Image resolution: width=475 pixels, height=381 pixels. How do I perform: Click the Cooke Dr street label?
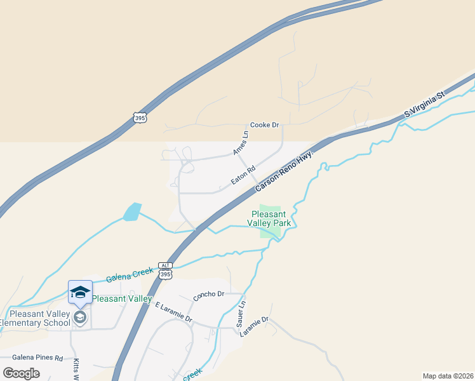(x=265, y=125)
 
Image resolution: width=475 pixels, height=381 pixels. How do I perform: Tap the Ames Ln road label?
(x=241, y=143)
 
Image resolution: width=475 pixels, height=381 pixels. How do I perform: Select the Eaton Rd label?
(x=243, y=175)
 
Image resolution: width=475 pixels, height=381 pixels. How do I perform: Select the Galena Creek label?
(x=130, y=274)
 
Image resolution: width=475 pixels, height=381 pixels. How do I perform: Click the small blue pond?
(x=132, y=212)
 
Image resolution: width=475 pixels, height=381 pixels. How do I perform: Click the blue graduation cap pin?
(x=80, y=292)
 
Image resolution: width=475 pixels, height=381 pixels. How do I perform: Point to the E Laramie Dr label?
(x=173, y=312)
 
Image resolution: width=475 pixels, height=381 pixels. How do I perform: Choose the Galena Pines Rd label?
(x=37, y=358)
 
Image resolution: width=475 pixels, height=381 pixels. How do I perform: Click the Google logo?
(x=22, y=373)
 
